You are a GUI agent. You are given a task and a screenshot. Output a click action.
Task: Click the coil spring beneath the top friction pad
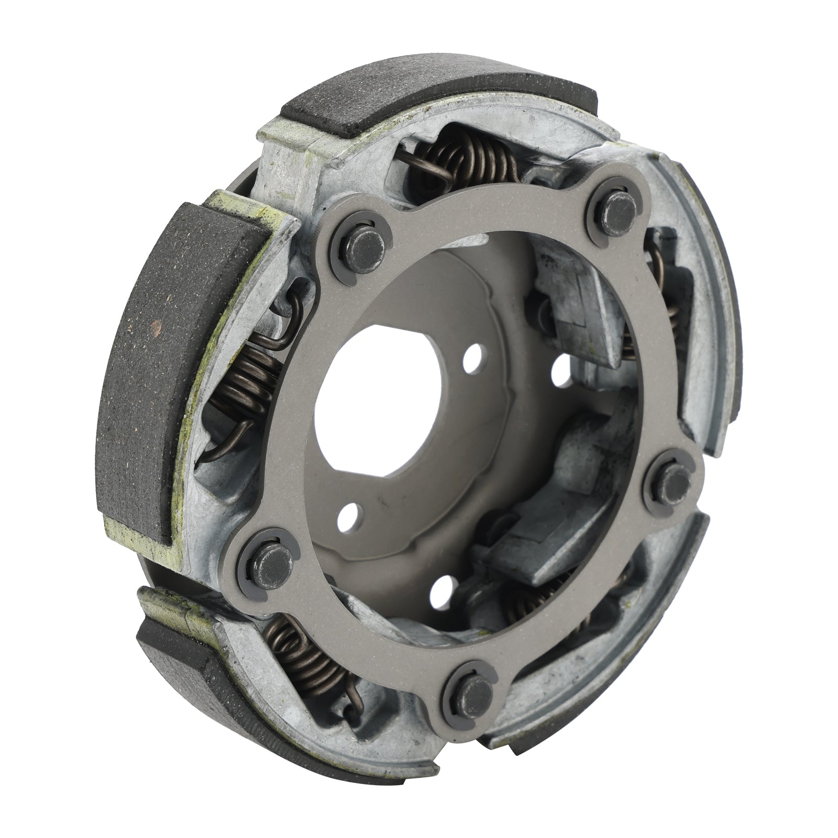pyautogui.click(x=466, y=157)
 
